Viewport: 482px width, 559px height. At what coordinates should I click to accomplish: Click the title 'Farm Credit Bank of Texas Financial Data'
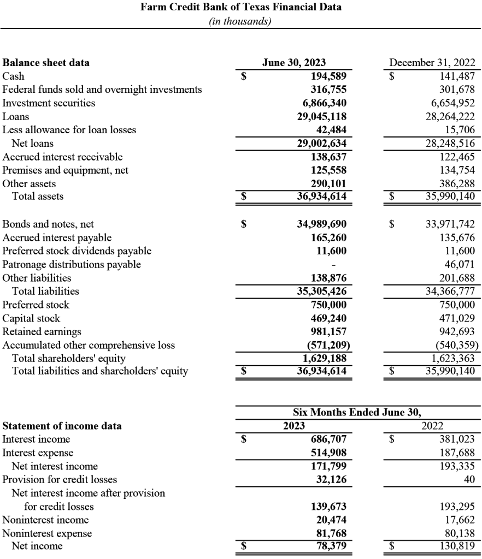(241, 8)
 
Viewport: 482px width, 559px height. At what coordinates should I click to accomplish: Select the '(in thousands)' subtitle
(240, 21)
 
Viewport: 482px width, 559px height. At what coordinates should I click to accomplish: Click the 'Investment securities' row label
(49, 103)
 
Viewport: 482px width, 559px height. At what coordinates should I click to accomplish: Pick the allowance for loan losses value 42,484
(333, 129)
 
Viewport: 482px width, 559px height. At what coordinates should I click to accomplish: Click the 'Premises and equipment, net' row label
(66, 170)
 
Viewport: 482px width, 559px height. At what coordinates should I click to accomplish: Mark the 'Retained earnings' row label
(42, 331)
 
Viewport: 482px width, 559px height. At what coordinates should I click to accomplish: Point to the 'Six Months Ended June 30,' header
(357, 412)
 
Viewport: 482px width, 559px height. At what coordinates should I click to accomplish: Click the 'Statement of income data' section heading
(62, 426)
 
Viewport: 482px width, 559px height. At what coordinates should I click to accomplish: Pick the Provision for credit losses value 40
(469, 479)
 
